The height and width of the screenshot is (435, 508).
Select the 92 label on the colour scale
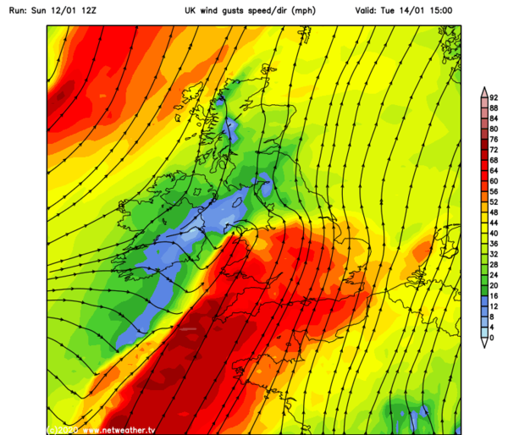[x=494, y=98]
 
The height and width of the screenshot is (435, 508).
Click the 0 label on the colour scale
[x=491, y=338]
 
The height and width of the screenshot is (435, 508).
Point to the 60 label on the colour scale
[x=494, y=181]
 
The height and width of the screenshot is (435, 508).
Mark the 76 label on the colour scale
[x=494, y=140]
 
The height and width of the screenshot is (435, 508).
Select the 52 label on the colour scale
[x=494, y=202]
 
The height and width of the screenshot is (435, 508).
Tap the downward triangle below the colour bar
[x=483, y=342]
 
